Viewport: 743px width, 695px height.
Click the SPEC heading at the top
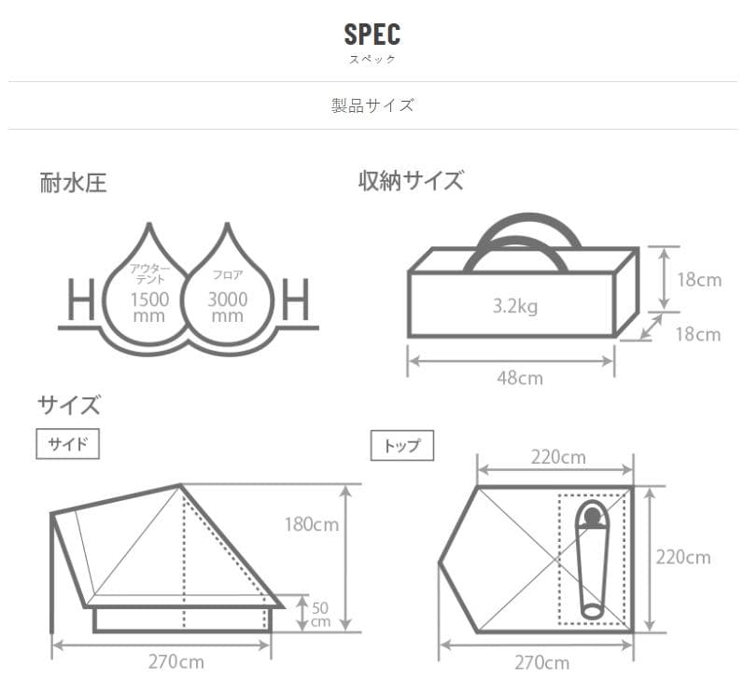pos(371,35)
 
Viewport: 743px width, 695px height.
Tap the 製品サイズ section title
pos(371,104)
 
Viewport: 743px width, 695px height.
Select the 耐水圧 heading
pos(73,183)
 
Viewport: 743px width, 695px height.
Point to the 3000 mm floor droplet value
pos(228,307)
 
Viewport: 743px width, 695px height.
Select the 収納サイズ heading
pos(411,181)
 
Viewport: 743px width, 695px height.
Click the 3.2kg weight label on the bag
pos(514,305)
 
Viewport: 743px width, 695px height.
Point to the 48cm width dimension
pos(512,378)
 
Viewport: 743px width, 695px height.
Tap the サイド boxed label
pos(67,444)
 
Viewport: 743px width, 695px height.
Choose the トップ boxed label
pos(402,446)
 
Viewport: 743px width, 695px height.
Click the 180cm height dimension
pos(312,524)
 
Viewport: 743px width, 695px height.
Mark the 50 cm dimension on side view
pos(319,613)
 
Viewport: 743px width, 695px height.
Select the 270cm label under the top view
pos(540,662)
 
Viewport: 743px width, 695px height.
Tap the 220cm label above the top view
pos(557,457)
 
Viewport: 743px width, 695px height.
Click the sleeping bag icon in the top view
pos(590,560)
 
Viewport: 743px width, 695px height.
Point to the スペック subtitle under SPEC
pos(371,59)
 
